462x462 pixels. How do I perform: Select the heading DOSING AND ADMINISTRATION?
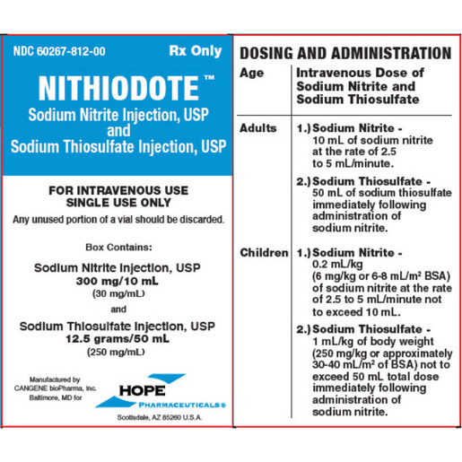click(346, 53)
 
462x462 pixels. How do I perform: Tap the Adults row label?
click(258, 129)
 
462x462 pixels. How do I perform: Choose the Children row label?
click(263, 253)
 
